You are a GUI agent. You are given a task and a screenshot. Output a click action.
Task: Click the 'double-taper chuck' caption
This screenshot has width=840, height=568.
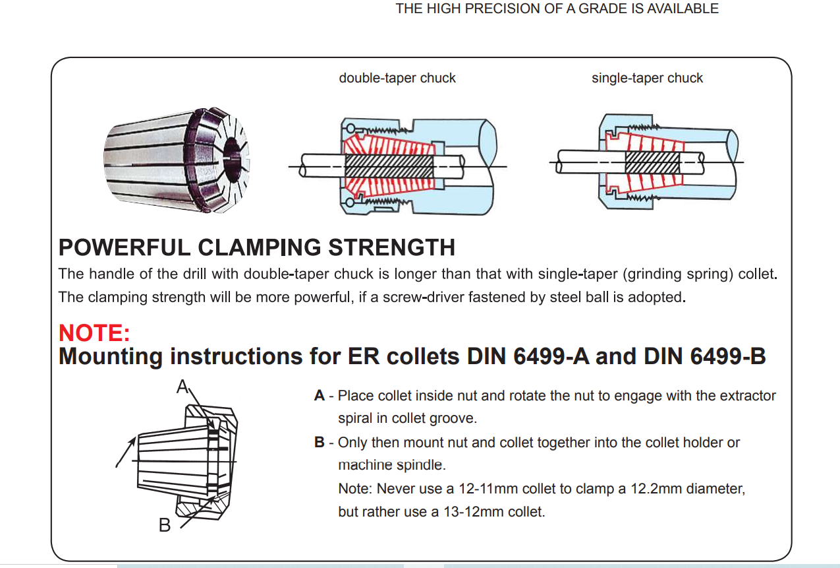click(x=397, y=78)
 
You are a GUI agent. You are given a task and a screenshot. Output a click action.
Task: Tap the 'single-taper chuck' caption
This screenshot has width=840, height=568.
click(x=647, y=78)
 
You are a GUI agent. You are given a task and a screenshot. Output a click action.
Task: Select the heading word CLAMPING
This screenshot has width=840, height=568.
click(x=261, y=247)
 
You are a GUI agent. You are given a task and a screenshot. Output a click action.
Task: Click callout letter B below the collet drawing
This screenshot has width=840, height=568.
click(x=165, y=525)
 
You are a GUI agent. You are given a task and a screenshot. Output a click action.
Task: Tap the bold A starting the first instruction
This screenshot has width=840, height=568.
click(x=320, y=396)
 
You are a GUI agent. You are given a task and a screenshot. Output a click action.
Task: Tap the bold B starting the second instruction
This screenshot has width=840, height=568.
click(x=320, y=442)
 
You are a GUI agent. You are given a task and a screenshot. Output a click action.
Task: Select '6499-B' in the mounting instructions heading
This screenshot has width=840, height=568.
click(x=728, y=356)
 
